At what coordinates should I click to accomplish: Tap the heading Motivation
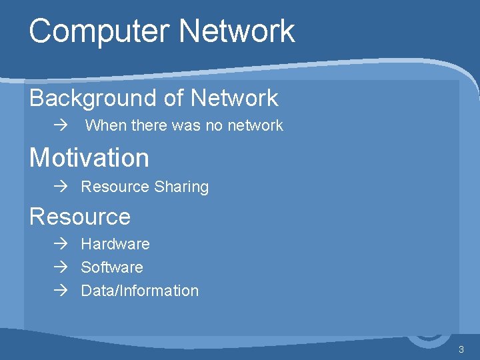click(x=89, y=158)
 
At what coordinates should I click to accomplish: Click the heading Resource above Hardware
click(x=80, y=217)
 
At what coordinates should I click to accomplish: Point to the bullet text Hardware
click(x=115, y=244)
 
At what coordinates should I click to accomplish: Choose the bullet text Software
click(x=112, y=267)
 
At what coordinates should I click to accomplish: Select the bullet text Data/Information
click(x=139, y=291)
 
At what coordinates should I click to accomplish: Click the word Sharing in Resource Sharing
click(x=181, y=187)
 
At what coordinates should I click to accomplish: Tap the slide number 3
click(x=461, y=350)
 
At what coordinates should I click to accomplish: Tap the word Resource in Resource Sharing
click(x=115, y=187)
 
